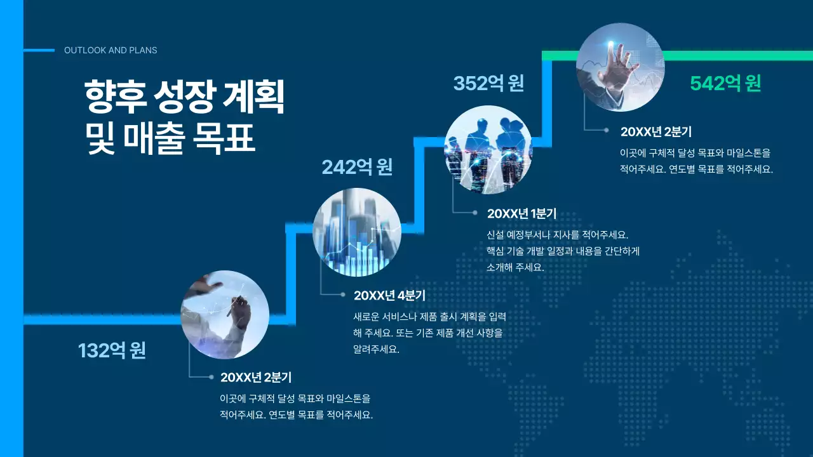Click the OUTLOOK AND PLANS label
point(111,50)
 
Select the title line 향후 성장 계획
point(184,96)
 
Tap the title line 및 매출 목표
point(170,139)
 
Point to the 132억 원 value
point(112,350)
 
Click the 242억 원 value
point(357,167)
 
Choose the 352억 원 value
point(488,83)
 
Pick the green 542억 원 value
point(725,83)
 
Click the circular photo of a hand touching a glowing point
point(620,67)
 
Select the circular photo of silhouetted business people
point(488,149)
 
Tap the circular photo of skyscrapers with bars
point(357,232)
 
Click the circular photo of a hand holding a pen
point(225,315)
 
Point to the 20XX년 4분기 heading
point(389,295)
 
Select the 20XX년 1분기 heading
point(521,214)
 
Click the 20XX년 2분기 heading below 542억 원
point(655,132)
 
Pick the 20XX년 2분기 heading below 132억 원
point(255,378)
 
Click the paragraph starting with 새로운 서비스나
point(429,333)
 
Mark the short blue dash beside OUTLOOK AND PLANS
point(39,50)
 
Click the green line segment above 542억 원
point(737,56)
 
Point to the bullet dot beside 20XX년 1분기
point(474,213)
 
